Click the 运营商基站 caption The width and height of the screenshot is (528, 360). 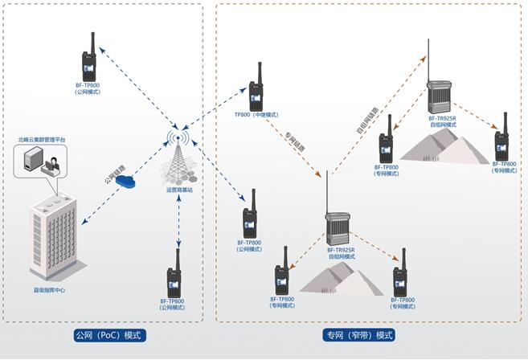click(179, 190)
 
